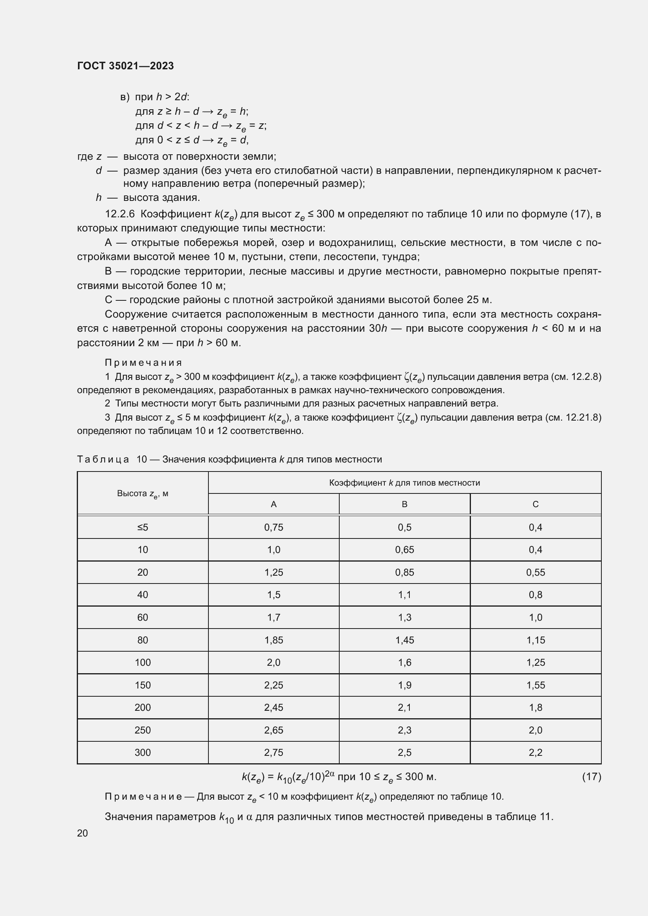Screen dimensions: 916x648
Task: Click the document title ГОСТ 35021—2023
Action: click(125, 66)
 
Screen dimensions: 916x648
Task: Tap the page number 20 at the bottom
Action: click(82, 833)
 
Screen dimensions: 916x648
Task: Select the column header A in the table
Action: click(273, 504)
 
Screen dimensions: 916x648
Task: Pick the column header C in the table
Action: click(535, 504)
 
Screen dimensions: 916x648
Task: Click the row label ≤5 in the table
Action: click(143, 528)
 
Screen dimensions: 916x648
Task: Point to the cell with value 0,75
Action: click(273, 528)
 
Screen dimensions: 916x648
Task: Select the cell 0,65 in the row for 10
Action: click(404, 550)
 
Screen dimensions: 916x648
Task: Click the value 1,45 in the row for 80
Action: click(404, 640)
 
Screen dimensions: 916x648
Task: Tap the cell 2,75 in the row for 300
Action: click(273, 753)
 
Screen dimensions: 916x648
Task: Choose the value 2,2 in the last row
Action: click(535, 753)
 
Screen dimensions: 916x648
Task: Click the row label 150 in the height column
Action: click(143, 685)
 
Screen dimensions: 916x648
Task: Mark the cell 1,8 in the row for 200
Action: click(535, 708)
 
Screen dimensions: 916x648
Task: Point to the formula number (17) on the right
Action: click(591, 777)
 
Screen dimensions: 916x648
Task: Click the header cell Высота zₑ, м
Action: click(143, 494)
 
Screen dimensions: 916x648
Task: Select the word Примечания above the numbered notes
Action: click(143, 363)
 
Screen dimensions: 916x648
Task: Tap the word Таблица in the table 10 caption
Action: click(103, 460)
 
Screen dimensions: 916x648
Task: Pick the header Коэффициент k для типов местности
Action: click(404, 483)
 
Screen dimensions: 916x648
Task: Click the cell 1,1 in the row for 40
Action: click(404, 595)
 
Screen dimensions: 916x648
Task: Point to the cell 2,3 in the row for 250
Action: click(404, 730)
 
